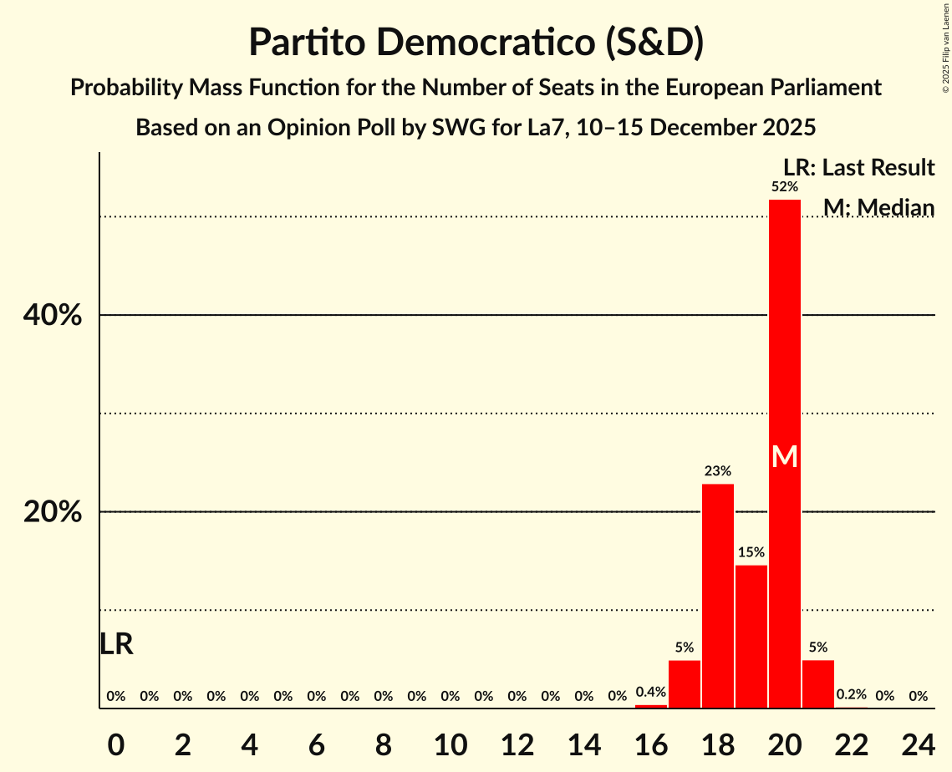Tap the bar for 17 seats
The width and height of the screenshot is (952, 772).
tap(684, 684)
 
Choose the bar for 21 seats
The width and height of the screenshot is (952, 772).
tap(817, 684)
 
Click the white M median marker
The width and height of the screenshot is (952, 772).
tap(784, 457)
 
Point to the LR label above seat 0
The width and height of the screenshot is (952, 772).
tap(116, 644)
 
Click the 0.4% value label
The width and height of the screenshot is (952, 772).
tap(650, 692)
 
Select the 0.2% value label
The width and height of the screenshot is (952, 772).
tap(851, 694)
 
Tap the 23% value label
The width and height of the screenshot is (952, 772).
tap(717, 471)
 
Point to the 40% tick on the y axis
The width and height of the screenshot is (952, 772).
tap(52, 316)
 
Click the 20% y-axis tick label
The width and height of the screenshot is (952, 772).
tap(52, 512)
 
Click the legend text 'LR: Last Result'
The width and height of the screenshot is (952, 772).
tap(858, 168)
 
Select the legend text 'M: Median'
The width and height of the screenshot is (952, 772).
tap(878, 207)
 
